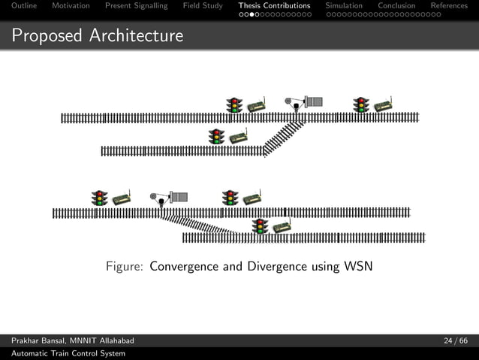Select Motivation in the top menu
point(71,6)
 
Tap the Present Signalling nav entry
point(136,6)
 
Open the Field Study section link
point(203,6)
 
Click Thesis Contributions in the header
point(274,6)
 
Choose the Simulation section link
point(344,6)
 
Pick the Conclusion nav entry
point(396,6)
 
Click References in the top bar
point(449,6)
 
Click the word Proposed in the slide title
point(47,35)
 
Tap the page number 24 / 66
point(455,342)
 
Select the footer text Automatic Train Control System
point(68,353)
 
